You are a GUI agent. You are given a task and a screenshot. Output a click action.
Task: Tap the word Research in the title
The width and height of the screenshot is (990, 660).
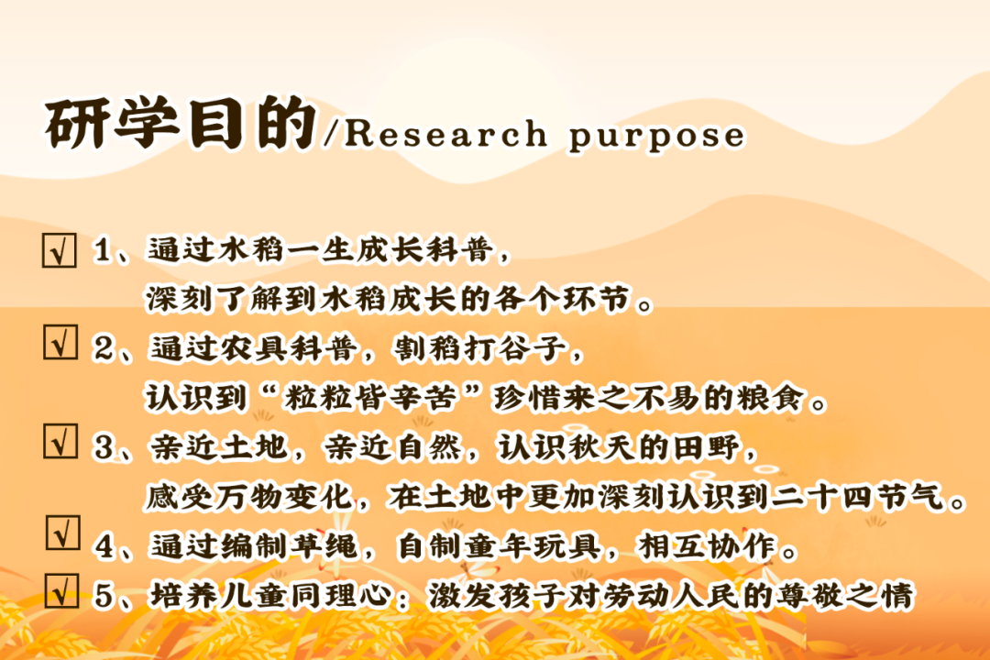point(445,133)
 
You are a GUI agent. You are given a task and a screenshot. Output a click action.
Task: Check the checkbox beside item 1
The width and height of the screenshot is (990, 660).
point(60,250)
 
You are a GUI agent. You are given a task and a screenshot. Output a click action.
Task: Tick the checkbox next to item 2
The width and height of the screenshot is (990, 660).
point(60,342)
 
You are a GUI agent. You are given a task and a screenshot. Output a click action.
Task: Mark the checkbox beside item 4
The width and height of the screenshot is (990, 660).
point(63,533)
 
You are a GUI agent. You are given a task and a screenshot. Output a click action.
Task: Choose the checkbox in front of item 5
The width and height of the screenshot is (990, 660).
point(62,591)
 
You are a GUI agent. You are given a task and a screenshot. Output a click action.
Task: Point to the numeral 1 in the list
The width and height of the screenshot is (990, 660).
point(103,250)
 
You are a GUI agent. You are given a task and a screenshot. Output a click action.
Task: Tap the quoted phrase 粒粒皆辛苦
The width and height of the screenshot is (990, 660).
point(370,398)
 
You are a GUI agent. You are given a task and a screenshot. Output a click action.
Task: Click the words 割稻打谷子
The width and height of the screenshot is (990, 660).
point(480,348)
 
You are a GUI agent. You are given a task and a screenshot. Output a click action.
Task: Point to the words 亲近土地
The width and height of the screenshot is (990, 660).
point(219,447)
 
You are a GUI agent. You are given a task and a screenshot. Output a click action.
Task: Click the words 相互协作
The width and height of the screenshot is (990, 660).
point(707,546)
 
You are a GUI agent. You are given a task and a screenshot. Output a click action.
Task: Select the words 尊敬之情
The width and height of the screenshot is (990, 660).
point(845,595)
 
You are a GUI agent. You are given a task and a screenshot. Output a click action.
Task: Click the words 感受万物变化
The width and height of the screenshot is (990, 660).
point(248,497)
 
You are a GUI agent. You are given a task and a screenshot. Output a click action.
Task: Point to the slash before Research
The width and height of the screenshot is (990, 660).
point(332,134)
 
